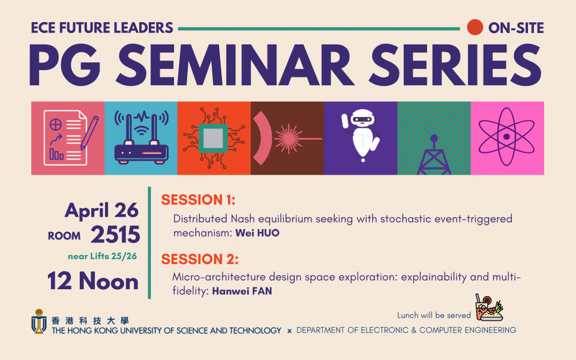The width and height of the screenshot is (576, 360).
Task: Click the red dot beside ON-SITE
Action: (x=475, y=28)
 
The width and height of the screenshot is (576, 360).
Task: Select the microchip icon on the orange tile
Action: (x=214, y=138)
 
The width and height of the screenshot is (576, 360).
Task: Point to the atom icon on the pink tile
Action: (x=506, y=137)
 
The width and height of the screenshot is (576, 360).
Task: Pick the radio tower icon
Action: (x=434, y=154)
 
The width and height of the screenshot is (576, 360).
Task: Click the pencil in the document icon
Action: (x=89, y=133)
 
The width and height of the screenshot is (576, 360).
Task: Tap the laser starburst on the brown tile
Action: (x=289, y=139)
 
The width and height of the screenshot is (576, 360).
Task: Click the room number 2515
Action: (x=115, y=235)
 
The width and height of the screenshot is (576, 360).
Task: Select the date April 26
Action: (x=101, y=211)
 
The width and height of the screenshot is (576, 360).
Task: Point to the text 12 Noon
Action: (x=93, y=281)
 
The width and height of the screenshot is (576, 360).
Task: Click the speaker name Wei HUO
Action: (x=257, y=233)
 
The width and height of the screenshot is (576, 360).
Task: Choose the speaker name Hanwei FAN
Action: (x=242, y=291)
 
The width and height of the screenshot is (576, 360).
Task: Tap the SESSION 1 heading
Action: (x=198, y=200)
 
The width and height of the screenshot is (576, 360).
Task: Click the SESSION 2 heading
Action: (x=200, y=259)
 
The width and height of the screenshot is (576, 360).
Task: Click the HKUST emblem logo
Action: (x=38, y=322)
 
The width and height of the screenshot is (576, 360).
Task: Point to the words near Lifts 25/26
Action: (x=102, y=256)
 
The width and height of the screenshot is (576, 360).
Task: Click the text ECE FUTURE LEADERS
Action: (x=102, y=28)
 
